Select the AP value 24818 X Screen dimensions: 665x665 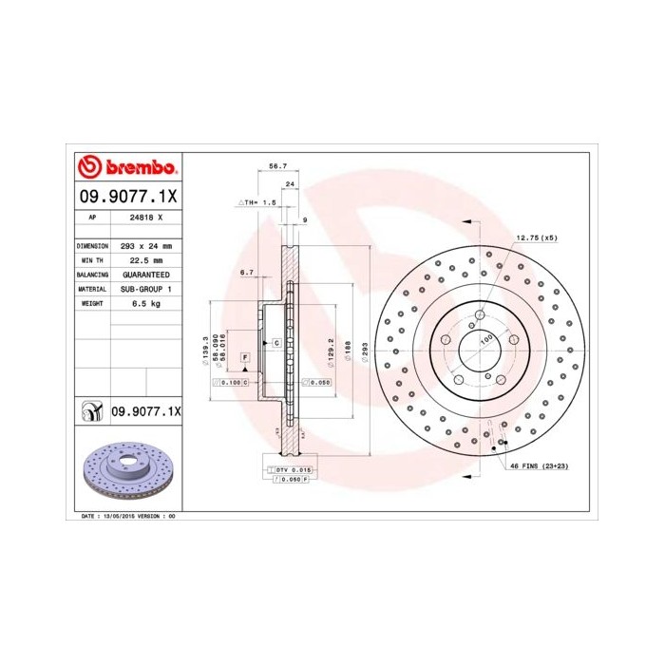(145, 218)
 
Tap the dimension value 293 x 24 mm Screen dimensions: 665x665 (145, 245)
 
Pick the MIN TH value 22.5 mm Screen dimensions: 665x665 (145, 259)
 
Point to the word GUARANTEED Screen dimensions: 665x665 (145, 274)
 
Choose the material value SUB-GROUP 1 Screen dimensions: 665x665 (145, 288)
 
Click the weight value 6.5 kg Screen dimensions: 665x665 (145, 302)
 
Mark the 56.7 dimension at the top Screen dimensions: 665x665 (277, 166)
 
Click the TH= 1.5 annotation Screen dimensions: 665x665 (256, 203)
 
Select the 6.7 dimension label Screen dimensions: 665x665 (246, 273)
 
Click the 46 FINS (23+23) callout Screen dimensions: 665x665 (540, 467)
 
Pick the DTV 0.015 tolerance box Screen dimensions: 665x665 (293, 470)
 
